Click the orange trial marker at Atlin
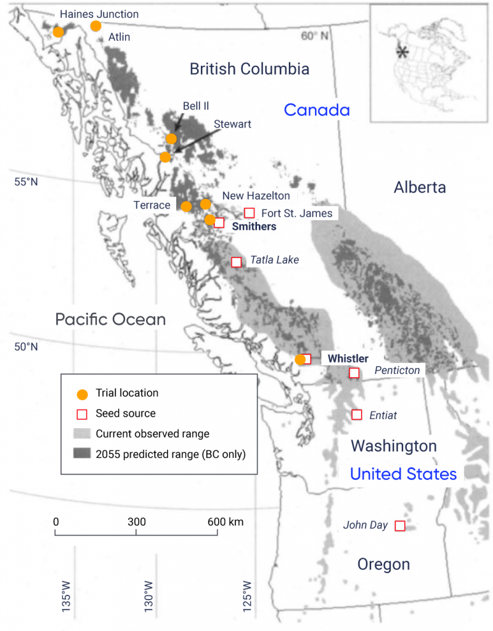[x=96, y=25]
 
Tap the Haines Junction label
[x=99, y=14]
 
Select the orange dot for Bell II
[x=171, y=139]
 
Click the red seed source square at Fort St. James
[x=250, y=213]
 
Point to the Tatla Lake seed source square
[x=236, y=262]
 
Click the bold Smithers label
[x=254, y=227]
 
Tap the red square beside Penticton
[x=354, y=373]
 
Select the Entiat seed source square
[x=356, y=415]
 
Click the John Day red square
[x=399, y=526]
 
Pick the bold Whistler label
[x=348, y=359]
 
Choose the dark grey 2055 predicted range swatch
[x=81, y=455]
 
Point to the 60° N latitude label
[x=315, y=36]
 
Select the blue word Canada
[x=317, y=110]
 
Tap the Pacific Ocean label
[x=111, y=319]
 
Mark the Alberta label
[x=420, y=187]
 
